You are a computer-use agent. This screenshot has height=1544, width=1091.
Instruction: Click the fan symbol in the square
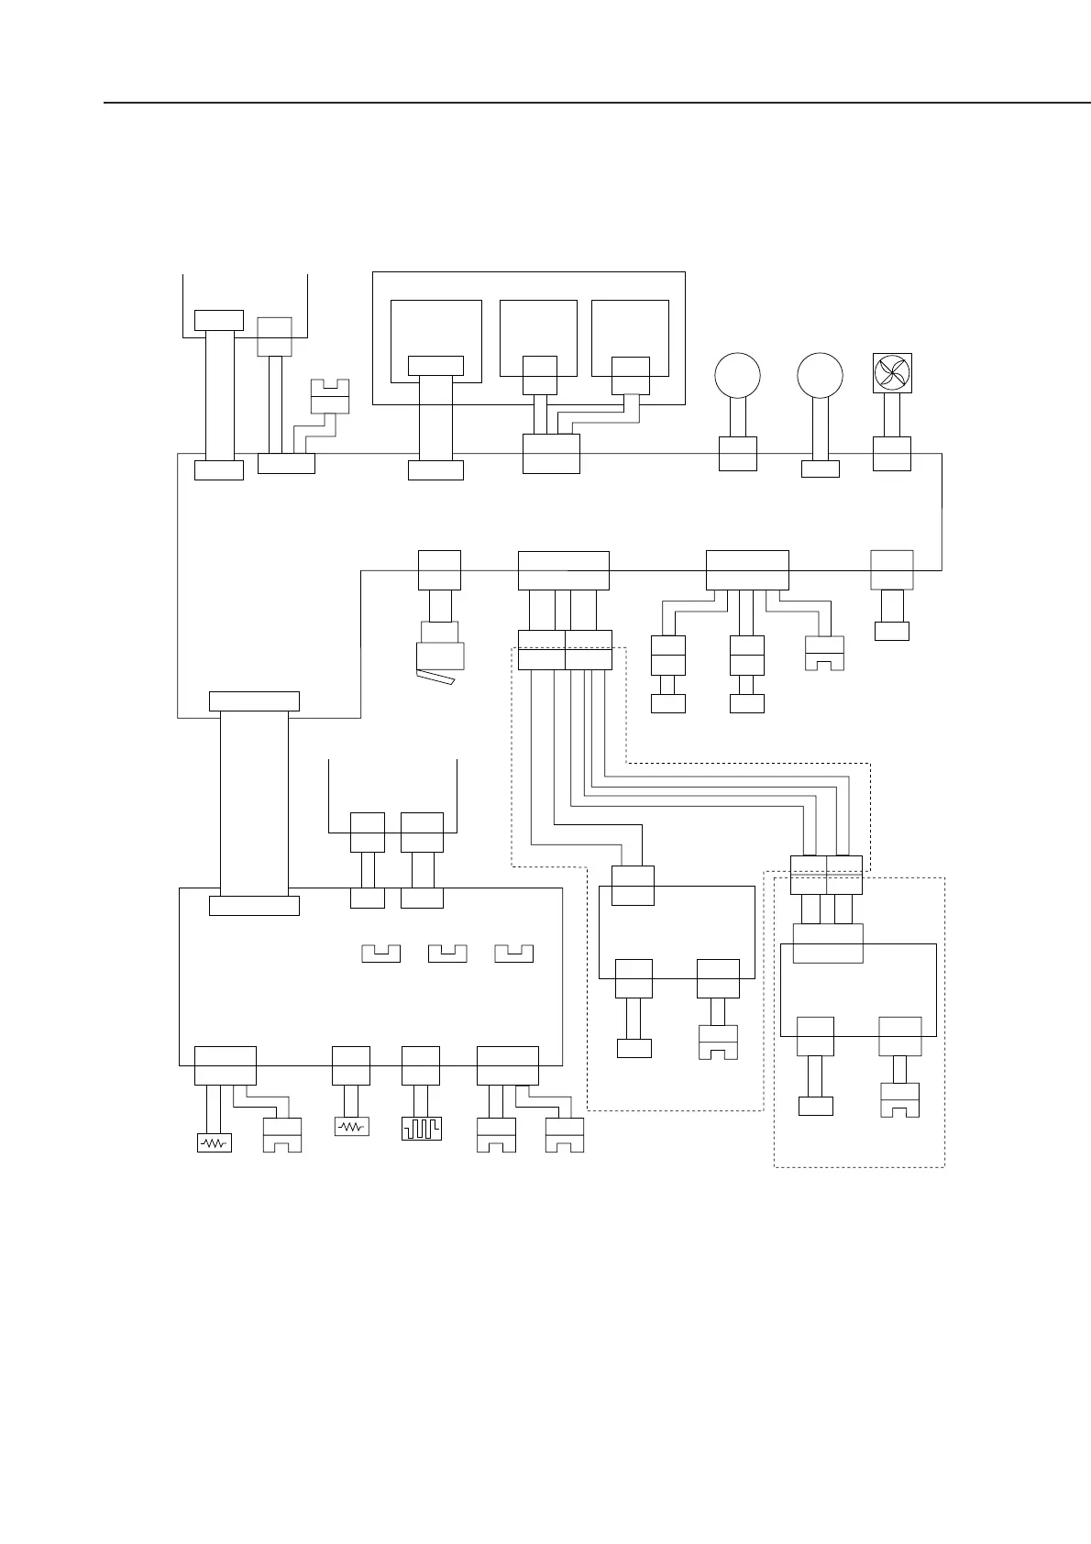[891, 373]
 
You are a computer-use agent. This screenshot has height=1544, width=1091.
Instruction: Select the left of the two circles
[737, 376]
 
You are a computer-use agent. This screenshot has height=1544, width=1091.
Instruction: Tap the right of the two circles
[820, 376]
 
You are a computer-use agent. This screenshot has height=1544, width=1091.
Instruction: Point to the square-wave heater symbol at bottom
[421, 1127]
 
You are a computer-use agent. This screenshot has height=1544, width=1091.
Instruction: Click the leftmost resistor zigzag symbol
[215, 1142]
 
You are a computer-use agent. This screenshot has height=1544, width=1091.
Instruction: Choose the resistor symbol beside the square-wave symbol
[351, 1126]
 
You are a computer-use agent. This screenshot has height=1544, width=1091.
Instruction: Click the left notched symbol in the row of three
[381, 953]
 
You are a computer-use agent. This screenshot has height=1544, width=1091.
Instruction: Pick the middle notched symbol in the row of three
[447, 953]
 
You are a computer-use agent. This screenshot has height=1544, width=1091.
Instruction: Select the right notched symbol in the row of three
[513, 953]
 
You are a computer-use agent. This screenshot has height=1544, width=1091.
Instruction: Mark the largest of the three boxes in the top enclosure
[436, 340]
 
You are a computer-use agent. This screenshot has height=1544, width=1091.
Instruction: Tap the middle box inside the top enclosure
[538, 337]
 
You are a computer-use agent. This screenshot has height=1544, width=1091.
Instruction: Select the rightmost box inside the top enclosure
[630, 337]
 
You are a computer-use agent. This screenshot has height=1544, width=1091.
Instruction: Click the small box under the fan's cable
[891, 454]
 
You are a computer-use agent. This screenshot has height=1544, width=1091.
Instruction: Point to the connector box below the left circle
[737, 454]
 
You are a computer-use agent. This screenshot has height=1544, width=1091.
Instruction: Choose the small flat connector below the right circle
[820, 469]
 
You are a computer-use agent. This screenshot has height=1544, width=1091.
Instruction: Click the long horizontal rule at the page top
[596, 103]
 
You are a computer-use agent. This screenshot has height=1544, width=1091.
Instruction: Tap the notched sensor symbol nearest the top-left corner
[330, 396]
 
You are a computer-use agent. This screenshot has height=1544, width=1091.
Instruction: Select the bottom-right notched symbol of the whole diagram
[899, 1099]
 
